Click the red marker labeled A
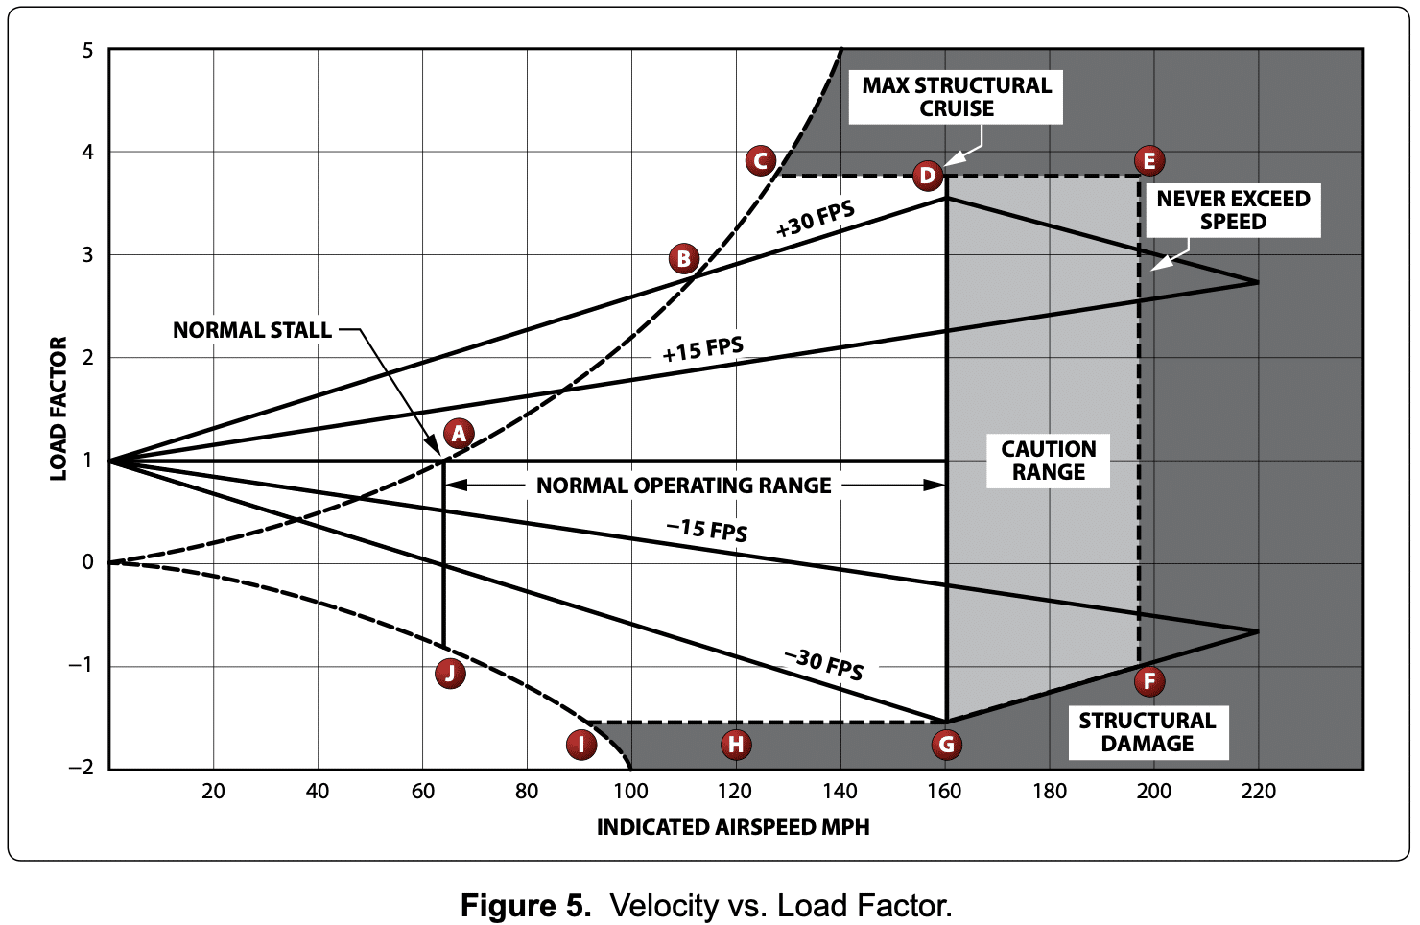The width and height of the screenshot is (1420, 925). coord(459,434)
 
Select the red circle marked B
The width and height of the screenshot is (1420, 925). coord(684,259)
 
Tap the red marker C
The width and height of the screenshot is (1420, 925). coord(761,160)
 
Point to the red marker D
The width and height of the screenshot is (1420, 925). coord(928,176)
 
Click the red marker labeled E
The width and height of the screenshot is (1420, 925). coord(1149,160)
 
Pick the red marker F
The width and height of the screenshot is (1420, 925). coord(1149,681)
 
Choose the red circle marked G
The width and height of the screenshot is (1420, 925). coord(946,745)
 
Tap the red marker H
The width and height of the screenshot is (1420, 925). coord(736,745)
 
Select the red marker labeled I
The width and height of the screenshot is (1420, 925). coord(581,745)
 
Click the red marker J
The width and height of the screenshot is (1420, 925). coord(450,673)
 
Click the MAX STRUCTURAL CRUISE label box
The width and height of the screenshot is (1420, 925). coord(956,97)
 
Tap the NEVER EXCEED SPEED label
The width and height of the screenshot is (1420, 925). coord(1233,210)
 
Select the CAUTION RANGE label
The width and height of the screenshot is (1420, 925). coord(1048,461)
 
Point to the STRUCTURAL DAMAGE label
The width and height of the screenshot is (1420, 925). coord(1148,732)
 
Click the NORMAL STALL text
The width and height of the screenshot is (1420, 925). coord(252,330)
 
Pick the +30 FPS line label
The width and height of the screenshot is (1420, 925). coord(816,219)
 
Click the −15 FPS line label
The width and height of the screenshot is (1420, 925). coord(707,530)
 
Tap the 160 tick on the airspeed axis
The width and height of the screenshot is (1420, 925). coord(945,792)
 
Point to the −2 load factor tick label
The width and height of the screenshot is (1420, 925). coord(82,768)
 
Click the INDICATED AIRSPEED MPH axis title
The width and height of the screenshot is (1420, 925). coord(733,827)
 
